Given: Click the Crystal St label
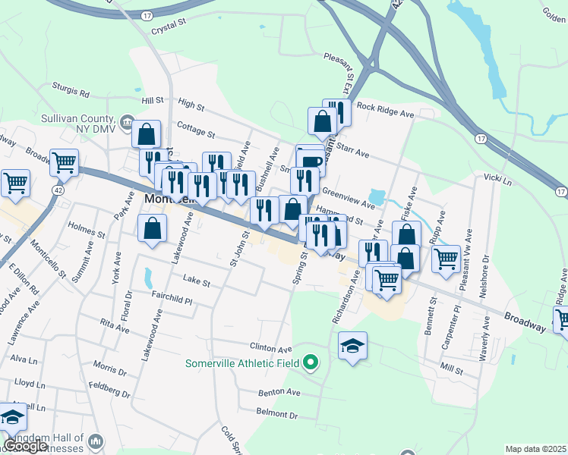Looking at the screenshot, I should coord(168,24).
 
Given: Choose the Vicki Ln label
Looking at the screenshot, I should coord(497,178).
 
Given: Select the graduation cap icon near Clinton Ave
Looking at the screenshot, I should coord(353,347).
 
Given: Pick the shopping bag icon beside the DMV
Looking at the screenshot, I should coord(147,135).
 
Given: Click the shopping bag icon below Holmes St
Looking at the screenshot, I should coord(153,227).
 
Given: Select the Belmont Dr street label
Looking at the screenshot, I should coord(276,415).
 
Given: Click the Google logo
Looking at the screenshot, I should coord(25,446).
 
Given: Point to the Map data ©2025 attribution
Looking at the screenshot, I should coord(536,449).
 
